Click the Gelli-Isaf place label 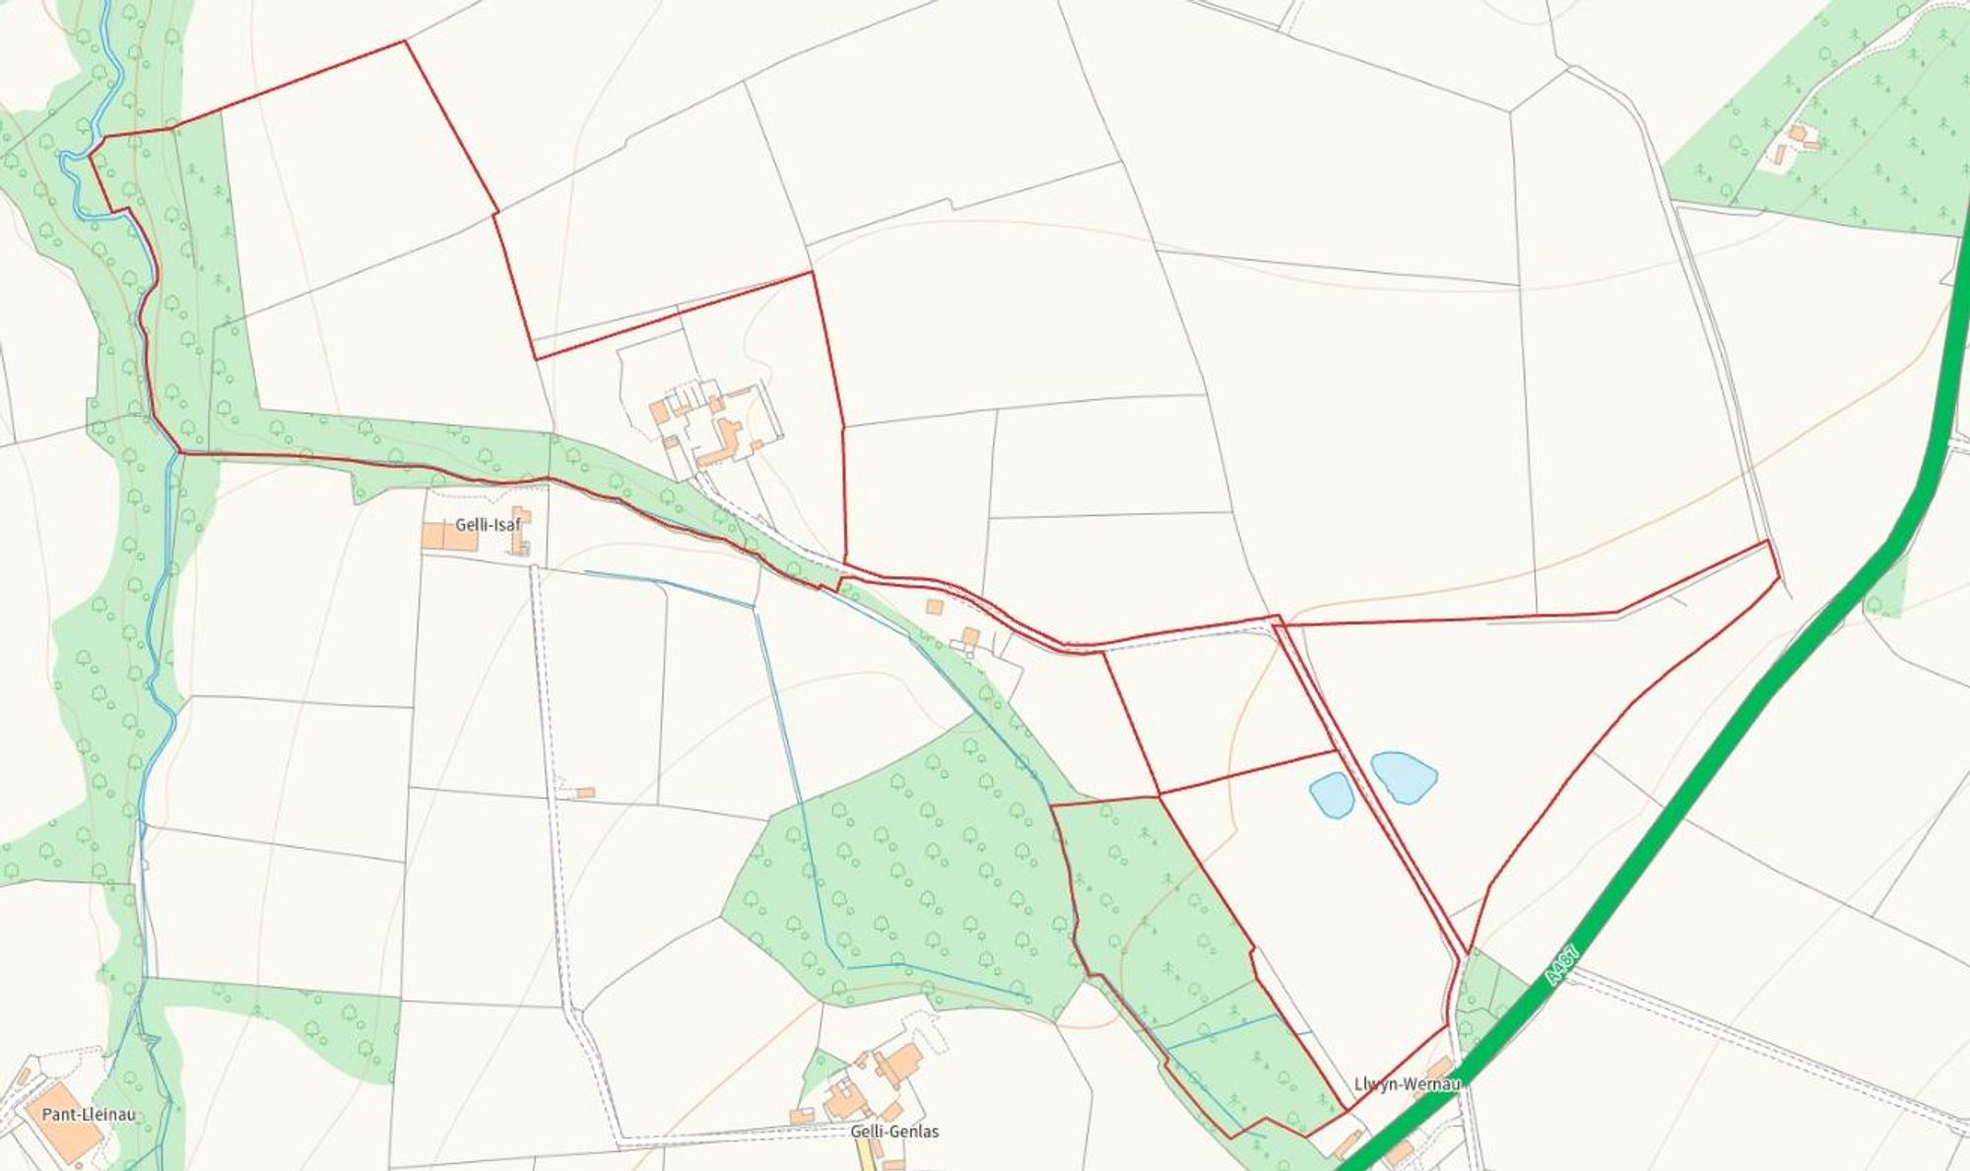tap(488, 525)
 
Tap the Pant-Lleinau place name tap(89, 1115)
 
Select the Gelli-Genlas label tap(894, 1132)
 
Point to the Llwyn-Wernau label tap(1406, 1084)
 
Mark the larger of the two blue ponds tap(1404, 776)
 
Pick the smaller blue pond tap(1331, 794)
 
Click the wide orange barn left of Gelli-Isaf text tap(448, 536)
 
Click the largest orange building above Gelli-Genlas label tap(898, 1062)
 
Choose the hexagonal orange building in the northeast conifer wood tap(1797, 133)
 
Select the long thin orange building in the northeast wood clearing tap(1780, 155)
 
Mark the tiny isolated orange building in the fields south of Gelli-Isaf tap(586, 792)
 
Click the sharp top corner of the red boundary tap(406, 41)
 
